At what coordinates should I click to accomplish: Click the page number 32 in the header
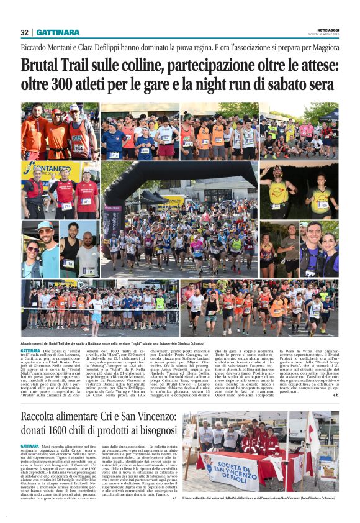24,32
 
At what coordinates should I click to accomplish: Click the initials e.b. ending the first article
335,394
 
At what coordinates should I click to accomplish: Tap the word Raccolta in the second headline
44,416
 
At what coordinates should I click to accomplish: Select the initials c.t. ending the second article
174,497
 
